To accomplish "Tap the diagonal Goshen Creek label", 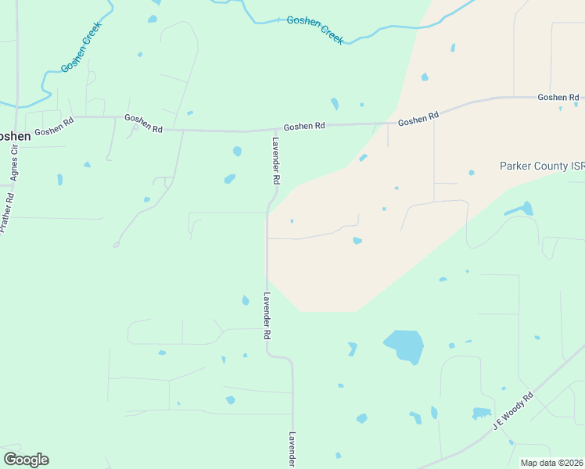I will click(82, 52).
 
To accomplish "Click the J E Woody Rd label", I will click(513, 410).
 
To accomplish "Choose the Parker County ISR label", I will click(542, 166).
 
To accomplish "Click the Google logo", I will click(26, 460).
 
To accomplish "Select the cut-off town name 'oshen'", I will click(15, 135).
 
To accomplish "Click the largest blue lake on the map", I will click(404, 345).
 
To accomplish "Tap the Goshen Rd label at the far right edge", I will click(556, 97).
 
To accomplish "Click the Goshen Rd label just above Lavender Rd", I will click(303, 126).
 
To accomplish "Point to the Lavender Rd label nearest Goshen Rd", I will click(275, 160).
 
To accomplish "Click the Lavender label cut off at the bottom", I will click(292, 450).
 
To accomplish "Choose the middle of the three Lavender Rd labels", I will click(267, 315).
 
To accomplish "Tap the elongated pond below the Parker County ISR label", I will click(519, 209).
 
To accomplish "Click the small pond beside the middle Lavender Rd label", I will click(246, 300).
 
